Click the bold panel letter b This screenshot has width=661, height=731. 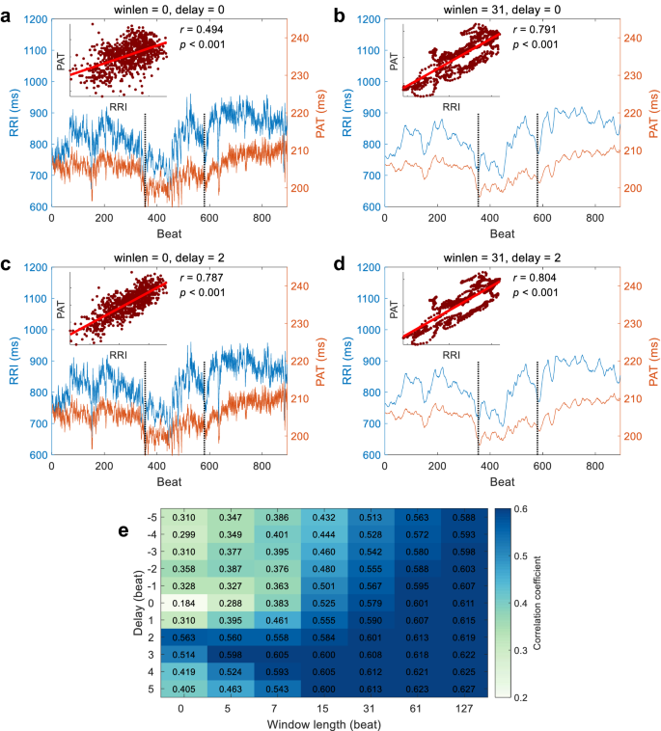point(339,14)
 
